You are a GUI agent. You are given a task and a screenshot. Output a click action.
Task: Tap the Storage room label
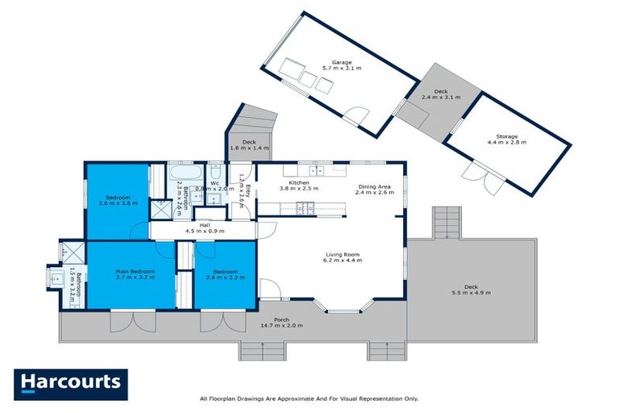pyautogui.click(x=506, y=136)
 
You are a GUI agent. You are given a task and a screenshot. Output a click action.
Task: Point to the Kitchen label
pyautogui.click(x=299, y=183)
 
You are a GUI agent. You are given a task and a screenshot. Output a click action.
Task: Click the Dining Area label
pyautogui.click(x=376, y=187)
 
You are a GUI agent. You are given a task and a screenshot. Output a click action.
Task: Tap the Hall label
pyautogui.click(x=205, y=225)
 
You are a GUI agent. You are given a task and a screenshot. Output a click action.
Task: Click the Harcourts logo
pyautogui.click(x=71, y=382)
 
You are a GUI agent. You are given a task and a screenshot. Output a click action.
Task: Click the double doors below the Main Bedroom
pyautogui.click(x=124, y=324)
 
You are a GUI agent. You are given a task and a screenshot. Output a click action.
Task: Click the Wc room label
pyautogui.click(x=215, y=183)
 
